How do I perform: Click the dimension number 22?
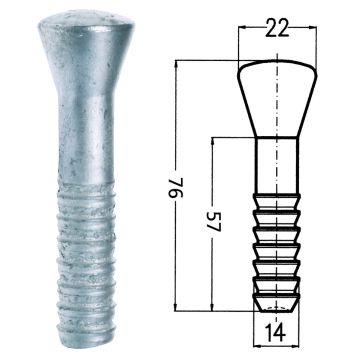click(x=277, y=29)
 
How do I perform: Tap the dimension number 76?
click(x=176, y=188)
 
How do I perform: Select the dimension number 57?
click(x=213, y=222)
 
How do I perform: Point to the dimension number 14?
click(x=276, y=333)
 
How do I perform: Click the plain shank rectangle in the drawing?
click(x=277, y=165)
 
